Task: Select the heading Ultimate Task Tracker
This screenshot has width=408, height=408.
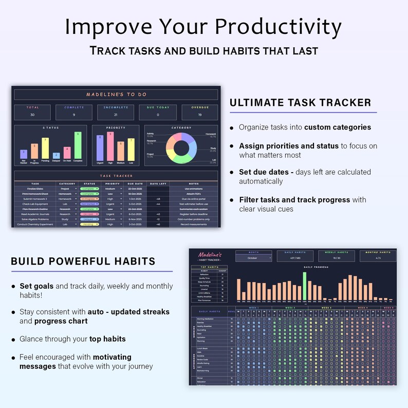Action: pos(300,103)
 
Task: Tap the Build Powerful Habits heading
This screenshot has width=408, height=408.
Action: pos(83,262)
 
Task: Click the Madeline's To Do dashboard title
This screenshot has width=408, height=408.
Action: pos(116,95)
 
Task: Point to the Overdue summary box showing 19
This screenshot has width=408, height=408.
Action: pos(199,112)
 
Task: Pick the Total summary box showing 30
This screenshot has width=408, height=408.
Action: pos(32,112)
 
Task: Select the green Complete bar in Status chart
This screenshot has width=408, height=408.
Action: pos(78,146)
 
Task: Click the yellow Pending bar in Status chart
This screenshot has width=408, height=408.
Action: pos(45,149)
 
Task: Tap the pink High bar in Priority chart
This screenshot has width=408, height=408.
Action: pos(110,146)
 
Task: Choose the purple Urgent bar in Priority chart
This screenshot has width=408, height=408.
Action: pos(100,148)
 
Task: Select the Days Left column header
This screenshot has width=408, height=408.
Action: pos(158,183)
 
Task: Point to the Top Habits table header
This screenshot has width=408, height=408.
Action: pos(210,268)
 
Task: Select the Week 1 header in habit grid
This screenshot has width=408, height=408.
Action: pos(253,307)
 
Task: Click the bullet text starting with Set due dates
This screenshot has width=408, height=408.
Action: pos(304,176)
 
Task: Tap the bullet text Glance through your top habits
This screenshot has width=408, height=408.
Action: pos(72,339)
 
